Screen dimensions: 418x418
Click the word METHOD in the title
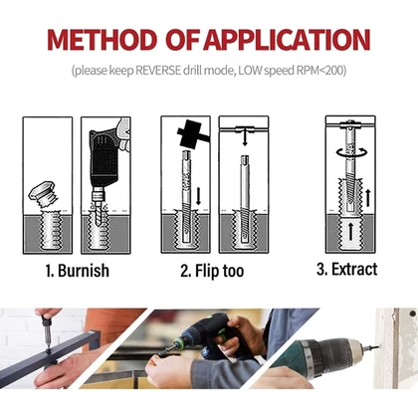(102, 40)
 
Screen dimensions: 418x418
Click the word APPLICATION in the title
(287, 40)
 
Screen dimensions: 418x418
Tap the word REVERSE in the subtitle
(158, 71)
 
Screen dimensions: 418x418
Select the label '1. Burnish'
(78, 271)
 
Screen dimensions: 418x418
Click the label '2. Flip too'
(212, 271)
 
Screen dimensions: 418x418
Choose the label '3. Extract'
(347, 269)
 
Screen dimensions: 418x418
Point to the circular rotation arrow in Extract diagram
(352, 152)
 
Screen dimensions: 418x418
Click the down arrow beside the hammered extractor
(198, 196)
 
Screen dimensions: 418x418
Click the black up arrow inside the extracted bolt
(350, 231)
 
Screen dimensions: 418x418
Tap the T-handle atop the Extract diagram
(350, 125)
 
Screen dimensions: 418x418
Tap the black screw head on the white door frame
(412, 313)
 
